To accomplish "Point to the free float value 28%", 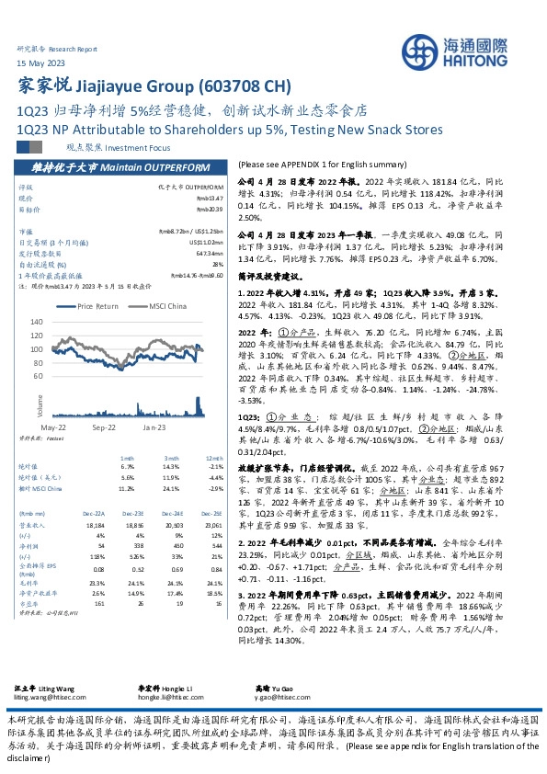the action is click(218, 263).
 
